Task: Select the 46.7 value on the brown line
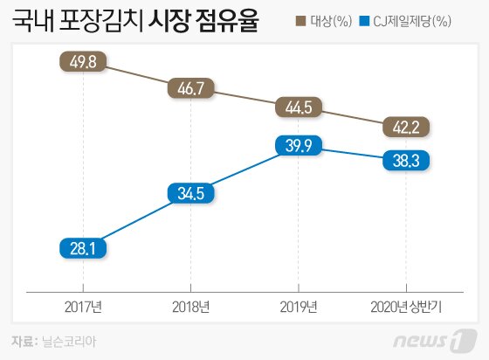(189, 88)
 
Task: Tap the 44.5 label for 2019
(298, 108)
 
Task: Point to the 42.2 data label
(406, 128)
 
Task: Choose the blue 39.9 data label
(298, 146)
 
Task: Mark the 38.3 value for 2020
(406, 160)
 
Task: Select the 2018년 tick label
(189, 306)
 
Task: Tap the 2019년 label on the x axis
(298, 306)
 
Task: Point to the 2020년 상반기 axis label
(406, 306)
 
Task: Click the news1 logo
(437, 337)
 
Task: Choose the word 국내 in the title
(33, 22)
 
